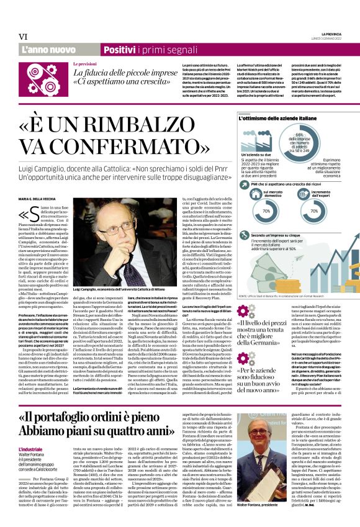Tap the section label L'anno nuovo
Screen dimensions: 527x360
(48, 49)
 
